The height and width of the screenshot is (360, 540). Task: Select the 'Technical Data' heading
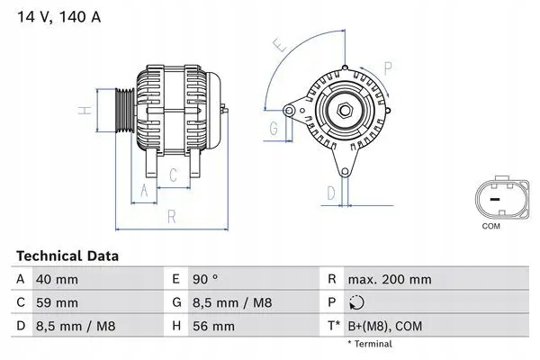[x=67, y=256]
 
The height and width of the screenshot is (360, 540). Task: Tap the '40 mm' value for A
[x=55, y=280]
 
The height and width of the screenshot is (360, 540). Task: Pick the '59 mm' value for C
[x=55, y=302]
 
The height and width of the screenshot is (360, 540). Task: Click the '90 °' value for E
[x=207, y=280]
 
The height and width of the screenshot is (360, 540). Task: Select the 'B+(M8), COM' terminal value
[x=382, y=325]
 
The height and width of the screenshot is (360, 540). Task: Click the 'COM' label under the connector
[x=490, y=226]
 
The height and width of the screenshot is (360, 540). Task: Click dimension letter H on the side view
[x=82, y=111]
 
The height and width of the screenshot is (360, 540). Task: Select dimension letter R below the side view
[x=171, y=217]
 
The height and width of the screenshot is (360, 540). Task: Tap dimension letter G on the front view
[x=273, y=128]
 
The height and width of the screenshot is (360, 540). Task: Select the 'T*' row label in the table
[x=332, y=325]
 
